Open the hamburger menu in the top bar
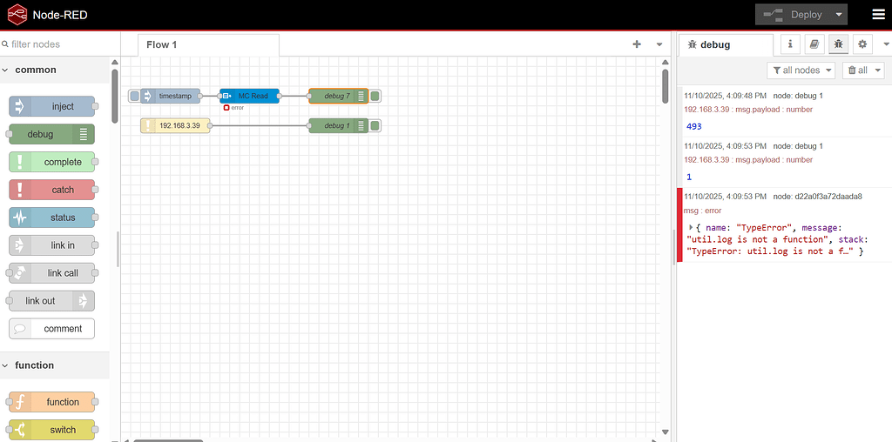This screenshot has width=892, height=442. [877, 15]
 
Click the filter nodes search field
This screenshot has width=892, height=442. [57, 44]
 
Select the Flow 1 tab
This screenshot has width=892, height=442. [162, 44]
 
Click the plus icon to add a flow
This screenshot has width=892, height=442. [637, 44]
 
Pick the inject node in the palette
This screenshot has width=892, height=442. [52, 106]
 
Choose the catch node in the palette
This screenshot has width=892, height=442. [52, 190]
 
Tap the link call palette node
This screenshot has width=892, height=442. [52, 273]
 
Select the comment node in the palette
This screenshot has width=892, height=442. [52, 329]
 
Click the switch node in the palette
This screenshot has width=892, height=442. [52, 430]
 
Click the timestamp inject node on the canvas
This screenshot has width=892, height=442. [172, 96]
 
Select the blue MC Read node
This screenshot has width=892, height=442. [250, 96]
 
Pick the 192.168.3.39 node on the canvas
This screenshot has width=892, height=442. [176, 126]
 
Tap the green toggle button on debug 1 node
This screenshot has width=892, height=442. [375, 126]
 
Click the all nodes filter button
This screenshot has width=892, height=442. [801, 70]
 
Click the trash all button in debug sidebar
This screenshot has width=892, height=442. [857, 70]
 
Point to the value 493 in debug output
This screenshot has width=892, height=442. [694, 126]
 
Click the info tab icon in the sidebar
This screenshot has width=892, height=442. [790, 44]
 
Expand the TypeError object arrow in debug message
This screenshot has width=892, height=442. [691, 227]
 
